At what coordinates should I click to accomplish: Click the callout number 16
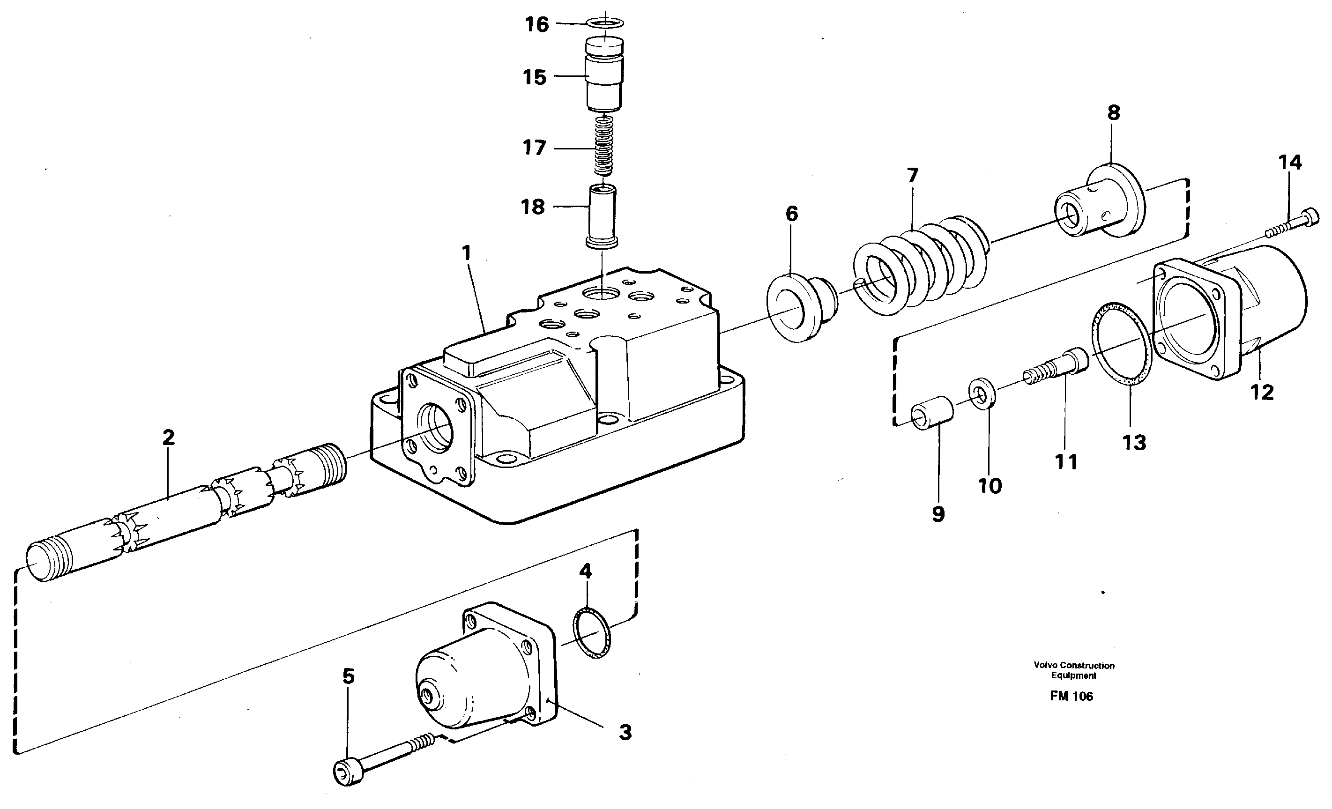(537, 25)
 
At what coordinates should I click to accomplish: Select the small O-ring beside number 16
(605, 22)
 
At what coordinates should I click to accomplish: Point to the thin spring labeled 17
(604, 147)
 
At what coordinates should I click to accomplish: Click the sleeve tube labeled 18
(602, 216)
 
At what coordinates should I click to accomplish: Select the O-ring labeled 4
(591, 633)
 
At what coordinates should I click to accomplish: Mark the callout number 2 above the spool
(168, 438)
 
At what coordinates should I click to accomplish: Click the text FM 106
(1071, 697)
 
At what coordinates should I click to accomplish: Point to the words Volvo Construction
(1073, 665)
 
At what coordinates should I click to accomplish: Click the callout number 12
(1262, 393)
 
